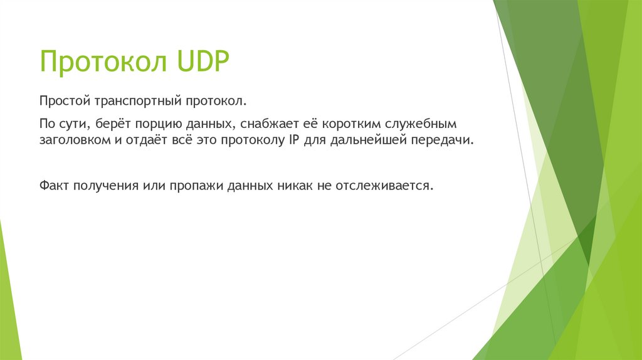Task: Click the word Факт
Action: (54, 186)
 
